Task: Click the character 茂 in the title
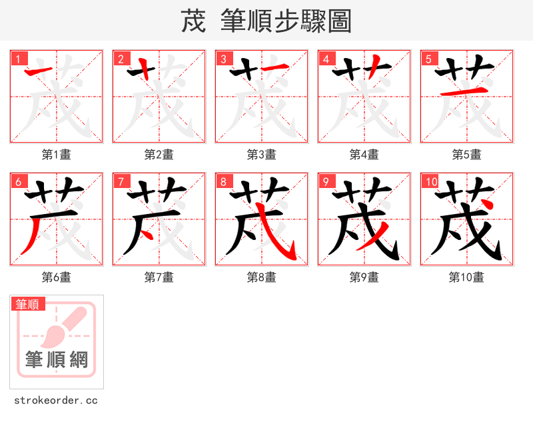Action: (193, 21)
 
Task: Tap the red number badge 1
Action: (17, 59)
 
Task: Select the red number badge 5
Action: (428, 59)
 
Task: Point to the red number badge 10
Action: (430, 182)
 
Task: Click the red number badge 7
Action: (120, 182)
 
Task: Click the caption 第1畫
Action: (56, 155)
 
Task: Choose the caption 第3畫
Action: (261, 155)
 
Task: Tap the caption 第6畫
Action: (56, 277)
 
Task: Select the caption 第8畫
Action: (261, 277)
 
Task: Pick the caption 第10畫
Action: (466, 277)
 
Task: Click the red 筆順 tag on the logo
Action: (29, 304)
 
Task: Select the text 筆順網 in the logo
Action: (57, 360)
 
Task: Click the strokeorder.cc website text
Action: (56, 401)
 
